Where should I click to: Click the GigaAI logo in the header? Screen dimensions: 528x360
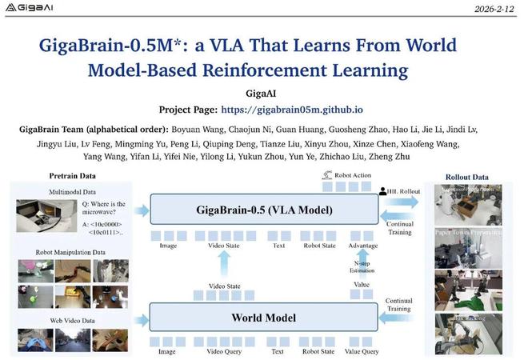click(31, 11)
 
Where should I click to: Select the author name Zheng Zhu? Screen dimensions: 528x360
click(388, 157)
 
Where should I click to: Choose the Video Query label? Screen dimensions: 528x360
click(226, 350)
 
